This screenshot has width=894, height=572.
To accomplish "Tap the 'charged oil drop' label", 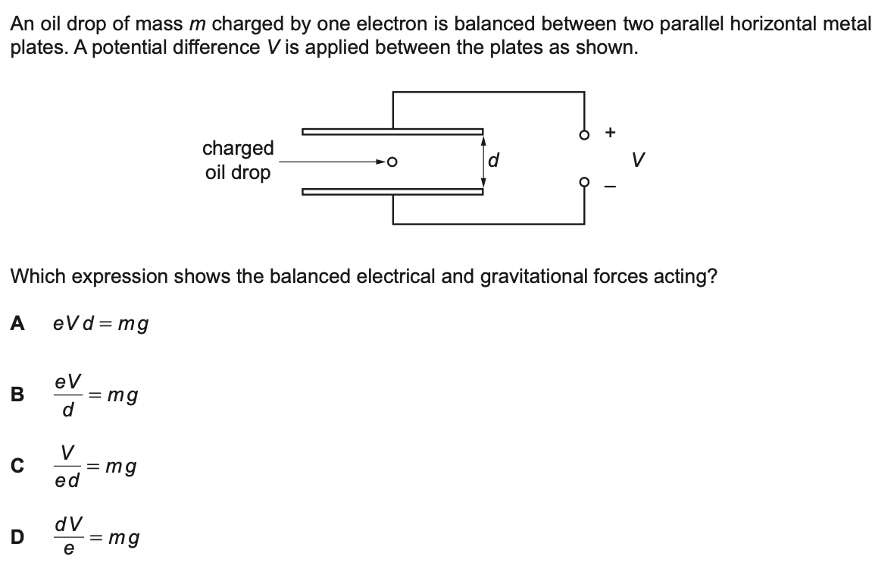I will (238, 159).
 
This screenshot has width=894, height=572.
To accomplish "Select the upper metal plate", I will (392, 131).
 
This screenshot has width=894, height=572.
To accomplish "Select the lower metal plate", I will (392, 191).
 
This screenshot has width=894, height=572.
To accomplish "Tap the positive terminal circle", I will (583, 137).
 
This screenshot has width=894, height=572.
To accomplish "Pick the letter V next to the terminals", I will (639, 161).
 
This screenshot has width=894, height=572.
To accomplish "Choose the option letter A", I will (17, 324).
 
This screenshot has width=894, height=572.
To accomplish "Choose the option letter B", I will (17, 394).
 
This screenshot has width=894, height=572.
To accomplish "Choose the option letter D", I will (17, 537).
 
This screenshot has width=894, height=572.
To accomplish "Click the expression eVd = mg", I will (101, 325).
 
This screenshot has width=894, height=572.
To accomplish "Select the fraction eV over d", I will (68, 395).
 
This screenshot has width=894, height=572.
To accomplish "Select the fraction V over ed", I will (68, 467).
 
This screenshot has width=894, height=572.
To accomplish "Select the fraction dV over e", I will (68, 537).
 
